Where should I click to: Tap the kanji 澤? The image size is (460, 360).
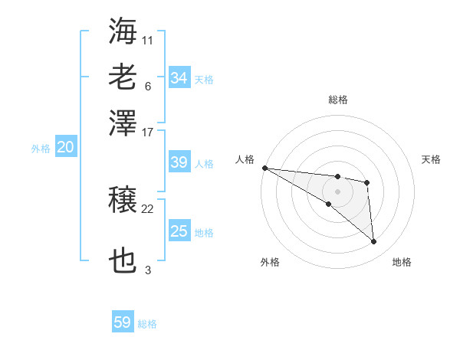pyautogui.click(x=123, y=123)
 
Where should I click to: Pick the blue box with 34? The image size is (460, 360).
pyautogui.click(x=179, y=77)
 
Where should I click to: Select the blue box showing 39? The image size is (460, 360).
pyautogui.click(x=179, y=162)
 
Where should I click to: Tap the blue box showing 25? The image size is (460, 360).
pyautogui.click(x=179, y=231)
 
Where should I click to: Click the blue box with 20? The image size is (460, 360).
pyautogui.click(x=65, y=148)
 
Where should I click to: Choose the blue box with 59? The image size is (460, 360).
pyautogui.click(x=122, y=322)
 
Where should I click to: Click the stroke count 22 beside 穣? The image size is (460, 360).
pyautogui.click(x=148, y=208)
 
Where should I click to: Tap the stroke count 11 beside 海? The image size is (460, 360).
pyautogui.click(x=148, y=38)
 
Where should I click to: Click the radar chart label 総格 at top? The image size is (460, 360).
pyautogui.click(x=338, y=100)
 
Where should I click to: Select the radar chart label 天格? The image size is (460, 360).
pyautogui.click(x=432, y=159)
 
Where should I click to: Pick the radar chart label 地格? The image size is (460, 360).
pyautogui.click(x=402, y=262)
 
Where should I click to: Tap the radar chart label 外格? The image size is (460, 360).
pyautogui.click(x=270, y=262)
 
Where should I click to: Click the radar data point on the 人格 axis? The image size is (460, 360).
pyautogui.click(x=264, y=168)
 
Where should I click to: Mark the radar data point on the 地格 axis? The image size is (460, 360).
pyautogui.click(x=373, y=242)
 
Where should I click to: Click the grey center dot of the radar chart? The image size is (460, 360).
pyautogui.click(x=337, y=191)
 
